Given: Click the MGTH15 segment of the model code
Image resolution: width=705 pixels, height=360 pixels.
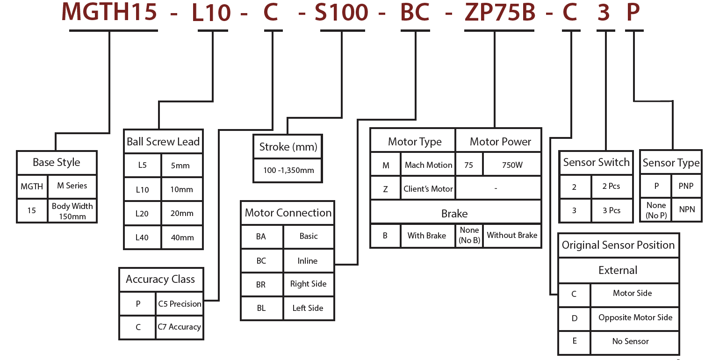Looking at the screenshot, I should point(109,13).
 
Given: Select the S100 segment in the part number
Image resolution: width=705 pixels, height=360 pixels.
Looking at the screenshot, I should point(341,13).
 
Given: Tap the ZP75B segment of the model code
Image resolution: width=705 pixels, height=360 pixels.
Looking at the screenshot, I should point(500,13).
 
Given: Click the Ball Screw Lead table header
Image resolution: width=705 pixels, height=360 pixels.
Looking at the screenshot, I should point(163,142).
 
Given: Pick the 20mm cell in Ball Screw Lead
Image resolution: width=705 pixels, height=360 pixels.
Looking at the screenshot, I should point(182,214).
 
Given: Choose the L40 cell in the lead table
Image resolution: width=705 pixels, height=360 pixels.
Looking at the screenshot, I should point(142,238).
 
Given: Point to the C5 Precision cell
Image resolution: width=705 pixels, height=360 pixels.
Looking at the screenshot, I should point(180,304).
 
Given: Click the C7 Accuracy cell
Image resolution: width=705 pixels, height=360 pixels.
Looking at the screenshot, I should point(180,327).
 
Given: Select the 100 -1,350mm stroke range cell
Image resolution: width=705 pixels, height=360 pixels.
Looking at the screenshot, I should point(288,170).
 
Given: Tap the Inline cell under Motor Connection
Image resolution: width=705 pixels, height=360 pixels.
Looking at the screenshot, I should point(308,261).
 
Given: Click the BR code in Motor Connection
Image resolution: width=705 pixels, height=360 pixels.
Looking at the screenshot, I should point(261,284).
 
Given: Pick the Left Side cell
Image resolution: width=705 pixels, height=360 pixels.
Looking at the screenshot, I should point(308,308).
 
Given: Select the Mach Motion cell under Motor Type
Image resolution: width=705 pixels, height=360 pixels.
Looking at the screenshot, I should point(428,165).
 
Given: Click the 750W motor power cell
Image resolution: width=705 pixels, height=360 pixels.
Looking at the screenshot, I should point(512,165).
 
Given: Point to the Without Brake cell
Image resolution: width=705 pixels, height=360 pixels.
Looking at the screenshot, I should point(512,235).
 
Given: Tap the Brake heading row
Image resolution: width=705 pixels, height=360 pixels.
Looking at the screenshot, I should point(455,214).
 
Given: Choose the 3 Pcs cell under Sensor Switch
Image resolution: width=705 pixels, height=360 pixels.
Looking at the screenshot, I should point(611,210).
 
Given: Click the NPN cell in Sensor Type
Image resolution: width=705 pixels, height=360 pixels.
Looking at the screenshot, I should point(687,209).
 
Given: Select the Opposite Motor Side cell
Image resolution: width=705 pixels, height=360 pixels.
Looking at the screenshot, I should point(635,317).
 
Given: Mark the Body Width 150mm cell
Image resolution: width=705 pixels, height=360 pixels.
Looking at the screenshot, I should point(72,211).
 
